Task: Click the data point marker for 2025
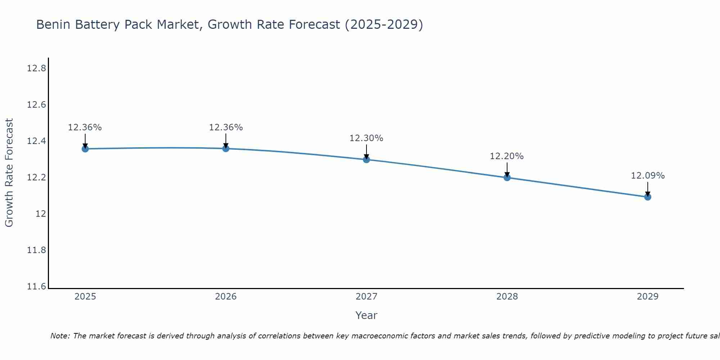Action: tap(85, 149)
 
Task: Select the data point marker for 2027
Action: tap(366, 159)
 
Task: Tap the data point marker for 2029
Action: tap(648, 197)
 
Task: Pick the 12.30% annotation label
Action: tap(366, 138)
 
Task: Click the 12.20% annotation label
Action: tap(507, 156)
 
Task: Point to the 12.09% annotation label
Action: tap(648, 176)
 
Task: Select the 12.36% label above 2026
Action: tap(226, 127)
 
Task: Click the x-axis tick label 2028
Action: tap(507, 297)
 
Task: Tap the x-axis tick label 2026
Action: tap(226, 297)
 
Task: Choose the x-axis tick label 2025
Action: tap(85, 297)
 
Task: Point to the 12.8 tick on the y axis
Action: tap(37, 68)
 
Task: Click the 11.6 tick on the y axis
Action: tap(37, 287)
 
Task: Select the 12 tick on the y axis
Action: tap(41, 214)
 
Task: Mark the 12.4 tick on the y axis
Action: tap(37, 141)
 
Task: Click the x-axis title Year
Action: tap(366, 315)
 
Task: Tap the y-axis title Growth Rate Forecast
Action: tap(9, 173)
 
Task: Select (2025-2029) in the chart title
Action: tap(384, 25)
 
